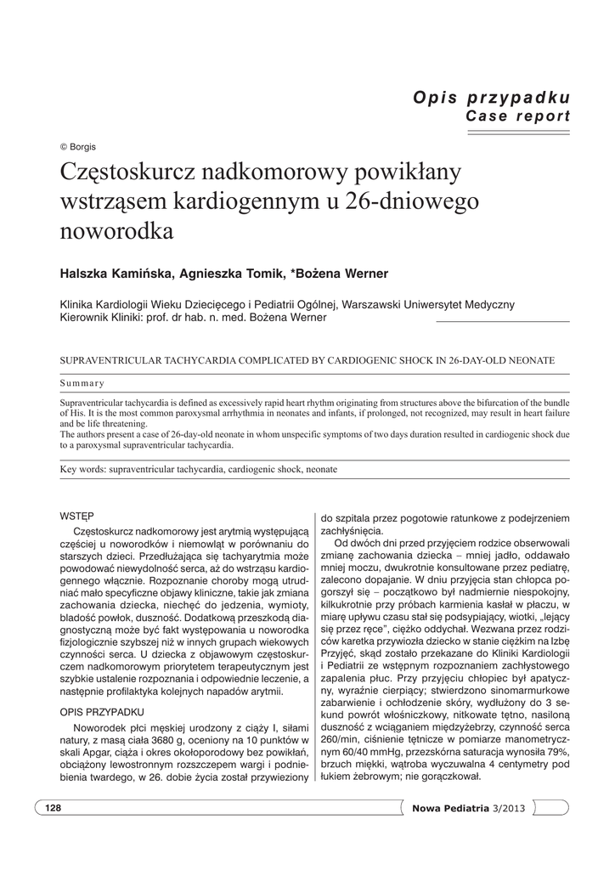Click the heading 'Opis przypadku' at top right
(x=491, y=97)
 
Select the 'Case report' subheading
(x=517, y=116)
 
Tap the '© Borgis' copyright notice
(x=77, y=146)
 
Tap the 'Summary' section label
(x=82, y=382)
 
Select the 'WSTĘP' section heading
(x=76, y=516)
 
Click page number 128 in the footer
(x=54, y=807)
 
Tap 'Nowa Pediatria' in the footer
(x=450, y=807)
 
